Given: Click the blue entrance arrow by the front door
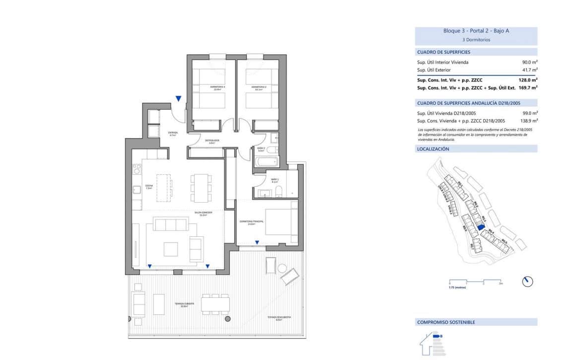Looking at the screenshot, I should point(178,99).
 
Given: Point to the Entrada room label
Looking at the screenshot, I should point(173,133).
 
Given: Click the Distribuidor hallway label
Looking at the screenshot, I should point(212,142).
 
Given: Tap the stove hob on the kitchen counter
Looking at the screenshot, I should point(137,168).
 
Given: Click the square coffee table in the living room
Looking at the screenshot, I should point(171,248).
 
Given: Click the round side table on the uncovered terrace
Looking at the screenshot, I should point(282,269).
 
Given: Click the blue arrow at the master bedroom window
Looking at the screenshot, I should point(257,242).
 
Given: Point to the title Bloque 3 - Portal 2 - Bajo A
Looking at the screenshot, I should point(476,31).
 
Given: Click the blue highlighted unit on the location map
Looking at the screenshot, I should point(480,227).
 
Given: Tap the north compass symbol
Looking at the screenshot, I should point(527,282).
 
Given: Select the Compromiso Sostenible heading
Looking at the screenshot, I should point(446,322).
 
